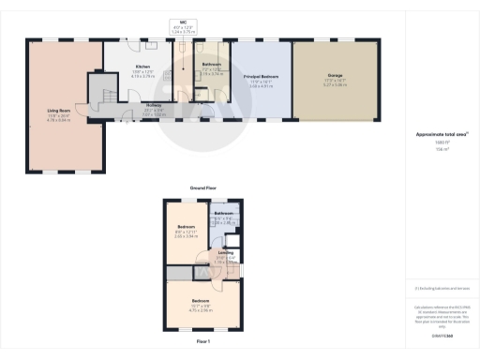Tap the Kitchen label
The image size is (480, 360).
[x=142, y=67]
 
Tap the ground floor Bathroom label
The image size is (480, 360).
[x=211, y=64]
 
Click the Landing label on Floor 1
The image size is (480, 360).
[x=226, y=252]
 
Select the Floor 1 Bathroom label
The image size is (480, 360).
[x=223, y=215]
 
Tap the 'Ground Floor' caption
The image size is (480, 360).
[x=198, y=188]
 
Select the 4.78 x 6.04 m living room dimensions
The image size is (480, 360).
[x=59, y=121]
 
